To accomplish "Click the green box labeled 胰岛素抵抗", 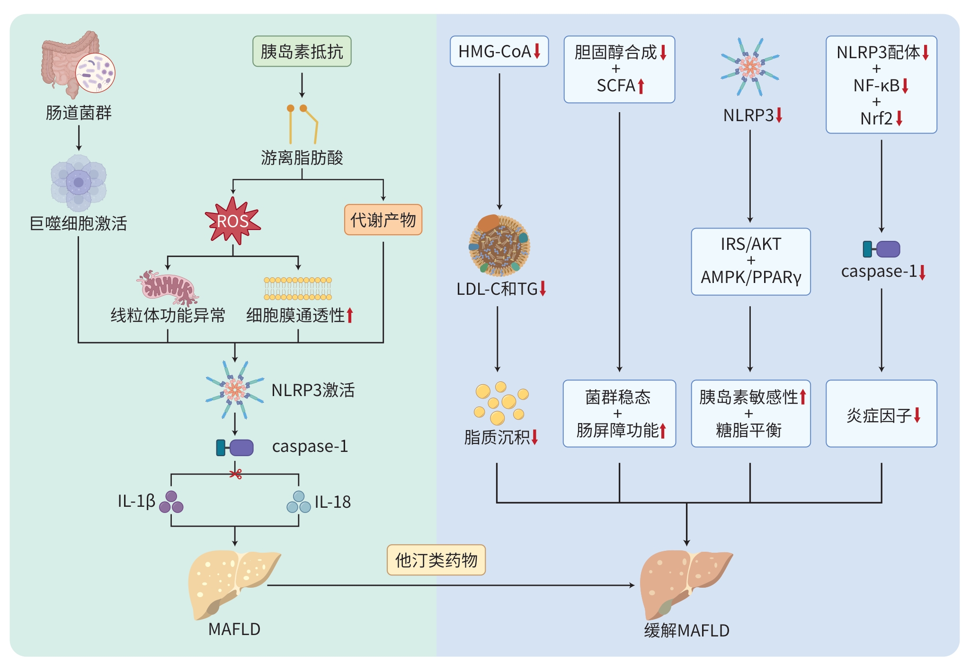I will point(302,51).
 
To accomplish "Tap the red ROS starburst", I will point(232,221).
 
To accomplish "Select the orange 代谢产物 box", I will point(383,220).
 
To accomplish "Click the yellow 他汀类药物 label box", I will point(436,560).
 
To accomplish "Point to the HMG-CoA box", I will point(499,51).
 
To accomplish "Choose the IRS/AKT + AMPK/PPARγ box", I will point(750,261).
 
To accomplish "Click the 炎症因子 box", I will point(881,414).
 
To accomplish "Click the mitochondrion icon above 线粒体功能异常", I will point(168,288).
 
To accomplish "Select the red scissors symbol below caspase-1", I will point(235,474).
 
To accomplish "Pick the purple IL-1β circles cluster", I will point(171,502).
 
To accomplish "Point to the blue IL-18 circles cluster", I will point(299,502).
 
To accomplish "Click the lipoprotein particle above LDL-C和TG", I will point(499,246).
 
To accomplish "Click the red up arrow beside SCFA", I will point(641,86).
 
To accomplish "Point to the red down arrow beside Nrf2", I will point(899,118).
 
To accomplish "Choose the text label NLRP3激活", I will point(313,390).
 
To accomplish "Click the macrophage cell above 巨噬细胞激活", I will point(79,183).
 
